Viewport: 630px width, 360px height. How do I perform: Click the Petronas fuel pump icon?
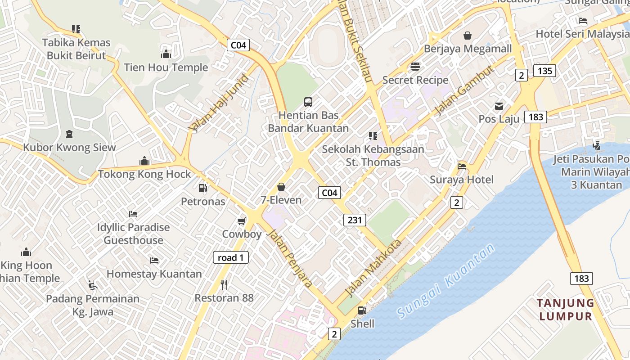[x=203, y=188]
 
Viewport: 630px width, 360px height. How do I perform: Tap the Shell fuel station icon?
[x=362, y=310]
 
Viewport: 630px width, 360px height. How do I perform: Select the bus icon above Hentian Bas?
[x=308, y=102]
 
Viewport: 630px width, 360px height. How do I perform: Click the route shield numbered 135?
[x=544, y=71]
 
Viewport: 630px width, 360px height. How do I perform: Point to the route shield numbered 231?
[x=355, y=220]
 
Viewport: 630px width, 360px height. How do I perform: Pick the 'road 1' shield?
[x=230, y=257]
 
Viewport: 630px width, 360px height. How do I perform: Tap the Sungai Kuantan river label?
[x=446, y=281]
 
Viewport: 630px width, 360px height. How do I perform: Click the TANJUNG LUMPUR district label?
[x=566, y=310]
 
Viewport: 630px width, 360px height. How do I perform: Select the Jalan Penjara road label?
[x=291, y=258]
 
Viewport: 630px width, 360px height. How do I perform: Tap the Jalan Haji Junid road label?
[x=219, y=103]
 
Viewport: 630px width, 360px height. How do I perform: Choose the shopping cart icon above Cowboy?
[x=242, y=221]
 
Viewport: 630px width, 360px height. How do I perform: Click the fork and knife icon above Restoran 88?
[x=224, y=284]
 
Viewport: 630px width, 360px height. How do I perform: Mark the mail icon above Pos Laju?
[x=499, y=106]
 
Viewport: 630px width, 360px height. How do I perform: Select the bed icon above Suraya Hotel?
[x=462, y=166]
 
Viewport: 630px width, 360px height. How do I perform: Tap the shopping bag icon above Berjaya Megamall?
[x=468, y=36]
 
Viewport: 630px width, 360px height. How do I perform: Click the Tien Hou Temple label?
[x=166, y=67]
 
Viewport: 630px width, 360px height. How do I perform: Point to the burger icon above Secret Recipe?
[x=415, y=67]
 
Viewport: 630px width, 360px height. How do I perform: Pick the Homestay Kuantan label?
[x=154, y=274]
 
